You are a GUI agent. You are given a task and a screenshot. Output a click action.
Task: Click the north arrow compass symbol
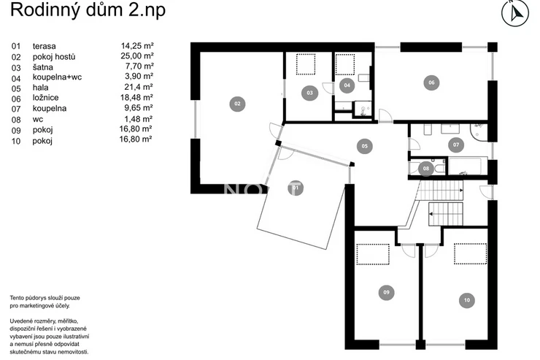click(x=515, y=12)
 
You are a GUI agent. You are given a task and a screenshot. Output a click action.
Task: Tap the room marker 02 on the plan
click(x=237, y=104)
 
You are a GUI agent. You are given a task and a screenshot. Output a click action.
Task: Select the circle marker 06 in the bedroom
click(x=431, y=83)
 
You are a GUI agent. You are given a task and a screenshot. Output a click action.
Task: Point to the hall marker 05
click(x=365, y=146)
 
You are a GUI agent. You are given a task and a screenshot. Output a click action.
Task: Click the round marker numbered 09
click(x=387, y=293)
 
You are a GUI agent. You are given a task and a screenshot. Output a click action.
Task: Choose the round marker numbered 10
click(x=467, y=300)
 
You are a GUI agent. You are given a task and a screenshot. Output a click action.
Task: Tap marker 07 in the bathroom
click(x=456, y=145)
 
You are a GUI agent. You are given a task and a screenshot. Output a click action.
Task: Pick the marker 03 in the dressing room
click(x=309, y=93)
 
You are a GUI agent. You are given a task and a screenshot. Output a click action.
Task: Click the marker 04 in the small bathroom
click(x=347, y=85)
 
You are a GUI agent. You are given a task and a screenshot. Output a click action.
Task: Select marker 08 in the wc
click(x=426, y=169)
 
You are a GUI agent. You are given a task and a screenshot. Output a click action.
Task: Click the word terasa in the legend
click(x=44, y=46)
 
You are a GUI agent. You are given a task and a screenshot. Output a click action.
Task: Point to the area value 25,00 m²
click(x=137, y=55)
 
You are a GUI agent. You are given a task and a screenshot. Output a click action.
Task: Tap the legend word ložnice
click(x=45, y=98)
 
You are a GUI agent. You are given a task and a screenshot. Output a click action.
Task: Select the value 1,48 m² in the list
click(x=139, y=119)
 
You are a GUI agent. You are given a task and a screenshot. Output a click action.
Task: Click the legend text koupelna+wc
click(x=57, y=77)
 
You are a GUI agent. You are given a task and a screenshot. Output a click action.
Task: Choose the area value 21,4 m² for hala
click(x=139, y=87)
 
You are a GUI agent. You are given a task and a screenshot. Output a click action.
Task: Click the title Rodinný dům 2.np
click(x=88, y=10)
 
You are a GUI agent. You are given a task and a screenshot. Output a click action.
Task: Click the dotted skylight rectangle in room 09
click(x=373, y=254)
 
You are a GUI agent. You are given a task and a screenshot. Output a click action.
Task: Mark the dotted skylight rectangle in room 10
click(x=470, y=254)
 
